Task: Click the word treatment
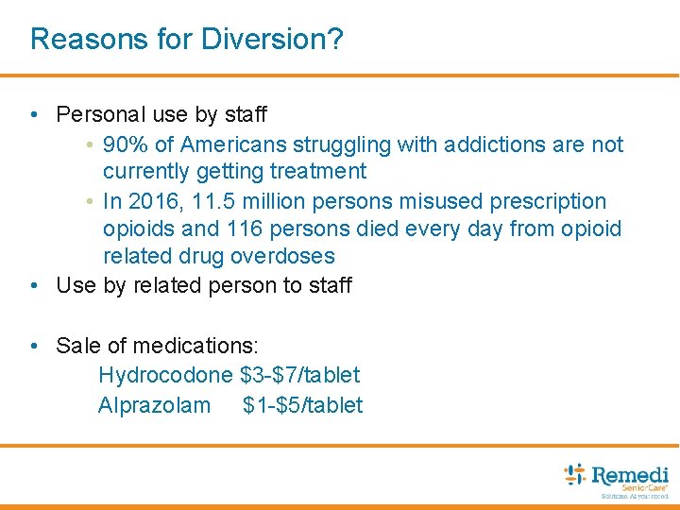pyautogui.click(x=319, y=172)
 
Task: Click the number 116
pyautogui.click(x=246, y=229)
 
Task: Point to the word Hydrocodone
pyautogui.click(x=165, y=375)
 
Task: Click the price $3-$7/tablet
pyautogui.click(x=300, y=375)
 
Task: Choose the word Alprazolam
pyautogui.click(x=155, y=405)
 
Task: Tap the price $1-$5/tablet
pyautogui.click(x=302, y=405)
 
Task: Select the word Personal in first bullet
pyautogui.click(x=94, y=115)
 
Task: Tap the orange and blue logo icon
pyautogui.click(x=574, y=474)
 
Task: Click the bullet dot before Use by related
pyautogui.click(x=34, y=285)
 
